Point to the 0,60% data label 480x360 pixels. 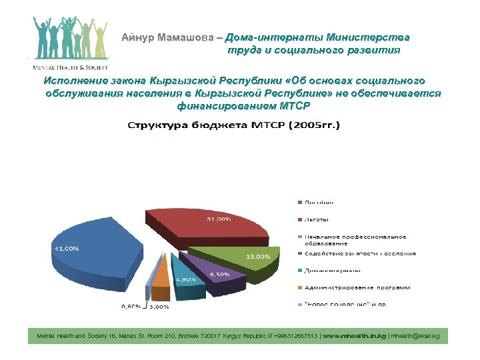[131, 307]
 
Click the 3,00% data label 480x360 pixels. [159, 307]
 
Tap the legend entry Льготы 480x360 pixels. [317, 219]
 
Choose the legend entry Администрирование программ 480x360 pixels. [356, 287]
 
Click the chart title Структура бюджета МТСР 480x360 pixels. [233, 125]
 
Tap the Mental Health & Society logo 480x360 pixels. [67, 43]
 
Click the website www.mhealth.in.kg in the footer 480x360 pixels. [353, 337]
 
